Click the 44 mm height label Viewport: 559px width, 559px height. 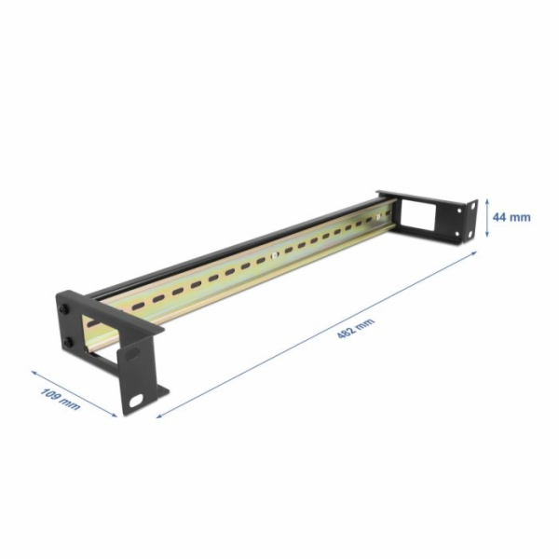512,216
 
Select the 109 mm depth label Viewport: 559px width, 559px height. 61,400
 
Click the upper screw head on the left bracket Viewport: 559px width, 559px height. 64,309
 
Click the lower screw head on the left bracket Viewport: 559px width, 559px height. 70,343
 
